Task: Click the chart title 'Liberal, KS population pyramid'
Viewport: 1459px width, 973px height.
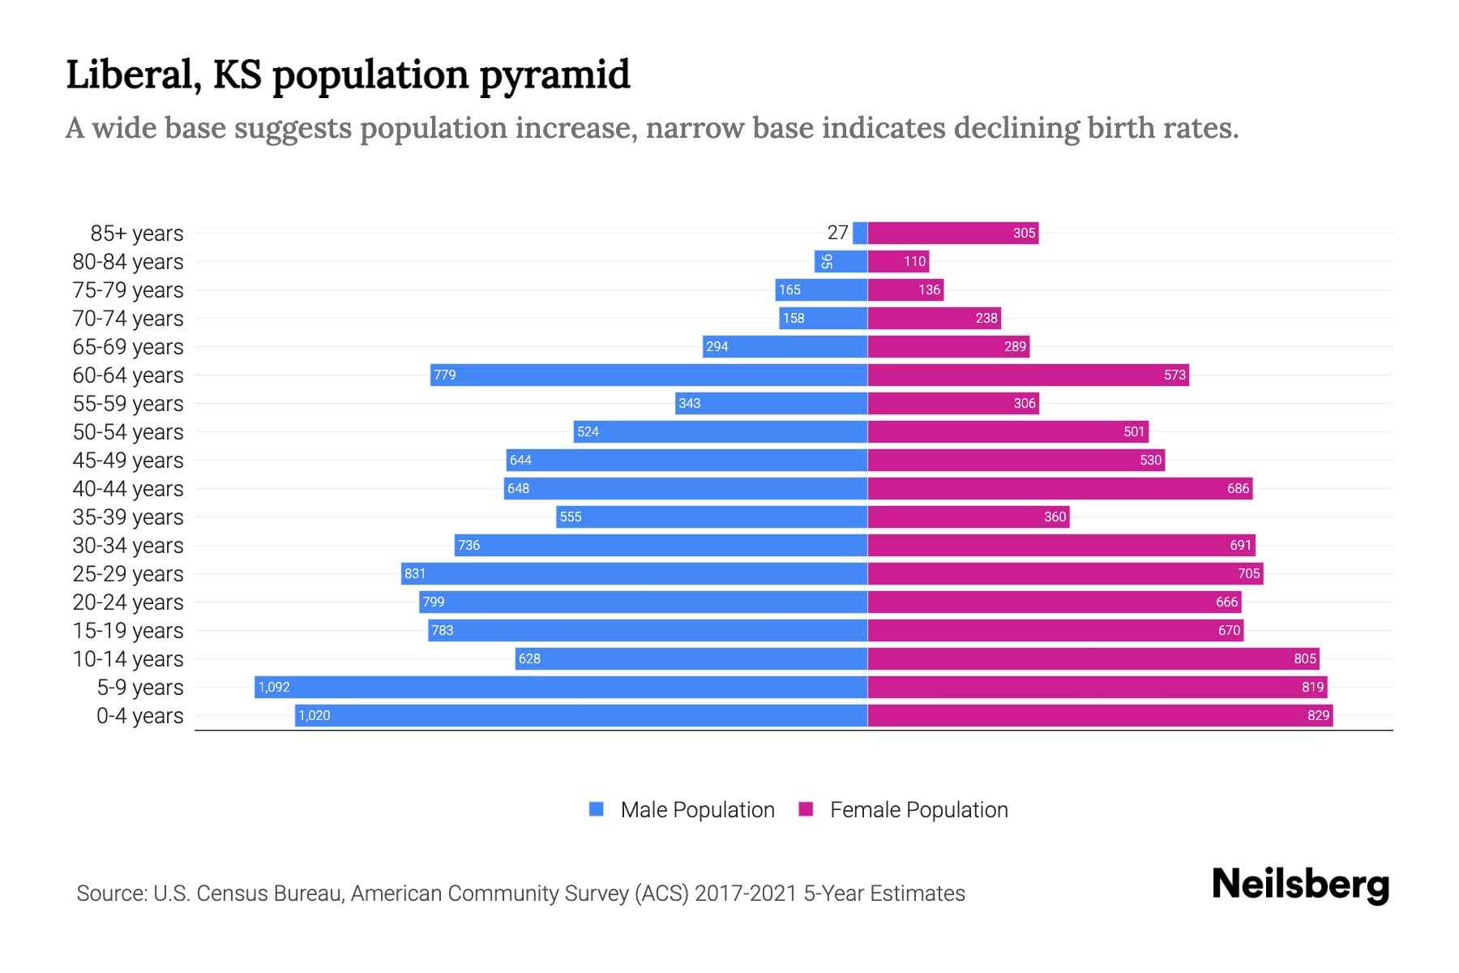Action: pos(348,75)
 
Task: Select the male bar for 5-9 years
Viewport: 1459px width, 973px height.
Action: pos(561,687)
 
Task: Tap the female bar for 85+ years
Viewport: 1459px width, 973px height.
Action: pos(952,234)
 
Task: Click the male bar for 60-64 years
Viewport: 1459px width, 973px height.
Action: pos(648,375)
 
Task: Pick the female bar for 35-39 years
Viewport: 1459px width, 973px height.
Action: pos(969,517)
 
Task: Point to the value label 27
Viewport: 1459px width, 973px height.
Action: pos(837,233)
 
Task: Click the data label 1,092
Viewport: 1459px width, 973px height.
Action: pos(274,687)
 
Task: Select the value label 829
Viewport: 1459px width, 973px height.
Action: pos(1318,715)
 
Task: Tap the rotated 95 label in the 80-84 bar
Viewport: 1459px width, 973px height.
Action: pos(826,261)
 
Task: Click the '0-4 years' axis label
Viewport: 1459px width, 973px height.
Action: pos(139,716)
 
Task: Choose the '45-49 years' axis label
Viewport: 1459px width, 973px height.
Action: pos(128,461)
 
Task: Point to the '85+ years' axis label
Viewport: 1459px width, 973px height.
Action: pos(136,234)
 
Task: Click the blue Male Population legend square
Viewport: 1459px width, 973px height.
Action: pos(597,809)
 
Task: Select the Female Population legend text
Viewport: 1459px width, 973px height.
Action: pos(918,810)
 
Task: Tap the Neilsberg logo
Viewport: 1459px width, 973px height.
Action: pos(1300,884)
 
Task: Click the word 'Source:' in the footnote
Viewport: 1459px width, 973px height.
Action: pos(111,894)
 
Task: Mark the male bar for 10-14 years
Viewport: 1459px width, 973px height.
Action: pos(691,658)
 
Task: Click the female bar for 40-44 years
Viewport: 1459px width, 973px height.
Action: pos(1060,488)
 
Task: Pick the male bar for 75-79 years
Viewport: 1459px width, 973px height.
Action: pos(821,289)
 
